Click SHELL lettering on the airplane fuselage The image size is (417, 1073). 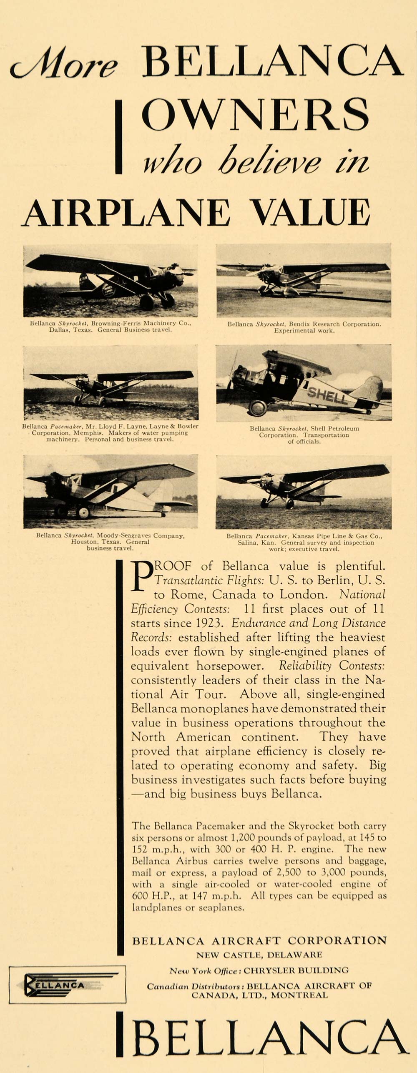[x=328, y=394]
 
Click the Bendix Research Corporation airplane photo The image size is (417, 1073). [x=304, y=280]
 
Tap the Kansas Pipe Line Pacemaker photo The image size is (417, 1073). [x=304, y=492]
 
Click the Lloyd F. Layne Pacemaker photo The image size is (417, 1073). [x=111, y=383]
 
